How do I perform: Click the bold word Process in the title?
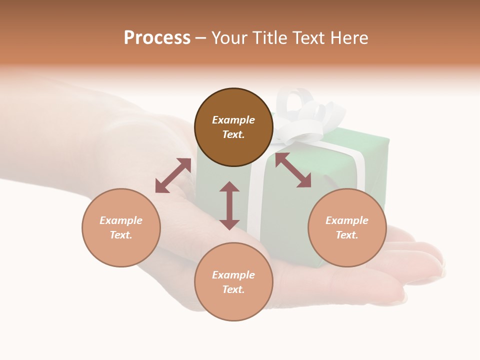click(157, 38)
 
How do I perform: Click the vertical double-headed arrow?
click(229, 205)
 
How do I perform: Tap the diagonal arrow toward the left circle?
click(173, 175)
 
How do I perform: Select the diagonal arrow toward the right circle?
click(293, 170)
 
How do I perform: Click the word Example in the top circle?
click(233, 120)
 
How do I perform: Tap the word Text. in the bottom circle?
click(233, 289)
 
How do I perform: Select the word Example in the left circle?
click(121, 220)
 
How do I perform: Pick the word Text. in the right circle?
click(347, 235)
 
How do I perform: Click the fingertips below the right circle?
click(425, 265)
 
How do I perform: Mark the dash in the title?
click(201, 38)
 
